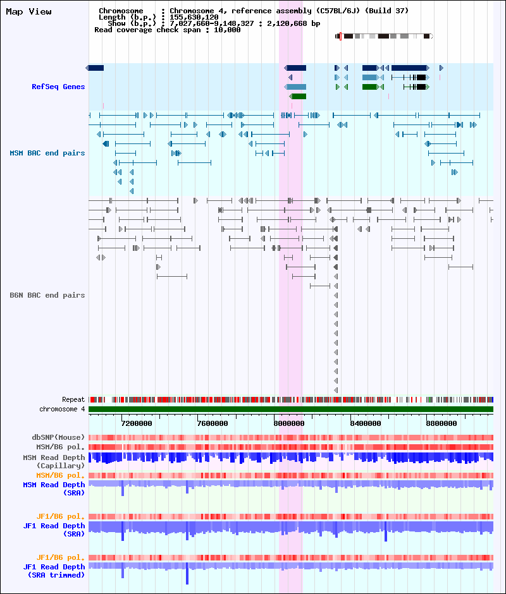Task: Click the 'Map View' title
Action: click(x=28, y=12)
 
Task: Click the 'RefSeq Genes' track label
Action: click(x=58, y=87)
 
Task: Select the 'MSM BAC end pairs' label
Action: click(x=47, y=153)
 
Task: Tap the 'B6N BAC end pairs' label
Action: click(x=47, y=295)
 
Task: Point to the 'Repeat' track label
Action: click(x=73, y=399)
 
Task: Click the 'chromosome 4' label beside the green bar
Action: click(x=62, y=409)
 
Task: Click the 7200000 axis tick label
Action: click(x=137, y=423)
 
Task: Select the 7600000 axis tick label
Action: click(x=213, y=423)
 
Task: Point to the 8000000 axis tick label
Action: click(x=288, y=423)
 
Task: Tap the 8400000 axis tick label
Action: click(x=366, y=423)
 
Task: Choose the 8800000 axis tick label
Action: click(x=441, y=423)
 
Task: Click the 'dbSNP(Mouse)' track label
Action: click(x=58, y=437)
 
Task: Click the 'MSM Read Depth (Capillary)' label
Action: click(x=54, y=462)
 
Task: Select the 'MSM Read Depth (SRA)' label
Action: click(x=54, y=488)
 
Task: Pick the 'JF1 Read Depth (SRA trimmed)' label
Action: click(x=54, y=571)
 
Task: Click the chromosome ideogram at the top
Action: click(x=384, y=37)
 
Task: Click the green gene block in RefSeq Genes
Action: click(x=298, y=97)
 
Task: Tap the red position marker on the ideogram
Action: click(x=340, y=37)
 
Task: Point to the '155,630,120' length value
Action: click(x=194, y=18)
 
